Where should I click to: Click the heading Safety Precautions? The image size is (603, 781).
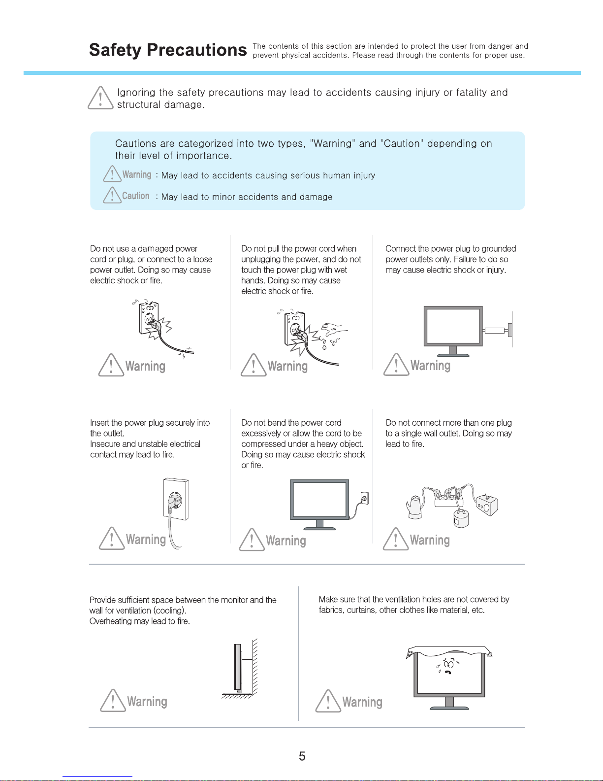[x=167, y=50]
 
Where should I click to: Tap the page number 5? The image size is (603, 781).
[x=302, y=756]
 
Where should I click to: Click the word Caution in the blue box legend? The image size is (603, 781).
[x=135, y=196]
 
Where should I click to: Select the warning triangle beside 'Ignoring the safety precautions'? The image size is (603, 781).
[x=100, y=98]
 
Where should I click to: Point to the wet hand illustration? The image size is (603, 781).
[x=333, y=333]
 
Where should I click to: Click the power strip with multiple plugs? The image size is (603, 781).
[x=448, y=499]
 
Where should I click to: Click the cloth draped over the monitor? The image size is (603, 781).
[x=449, y=651]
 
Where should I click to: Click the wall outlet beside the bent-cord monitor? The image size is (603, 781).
[x=364, y=499]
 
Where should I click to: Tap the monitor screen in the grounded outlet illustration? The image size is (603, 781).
[x=453, y=326]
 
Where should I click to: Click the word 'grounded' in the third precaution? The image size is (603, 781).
[x=499, y=249]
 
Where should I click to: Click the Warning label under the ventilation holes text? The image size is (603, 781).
[x=362, y=702]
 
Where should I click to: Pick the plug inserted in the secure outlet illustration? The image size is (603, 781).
[x=174, y=503]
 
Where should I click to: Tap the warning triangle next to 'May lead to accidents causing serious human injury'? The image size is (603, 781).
[x=112, y=174]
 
